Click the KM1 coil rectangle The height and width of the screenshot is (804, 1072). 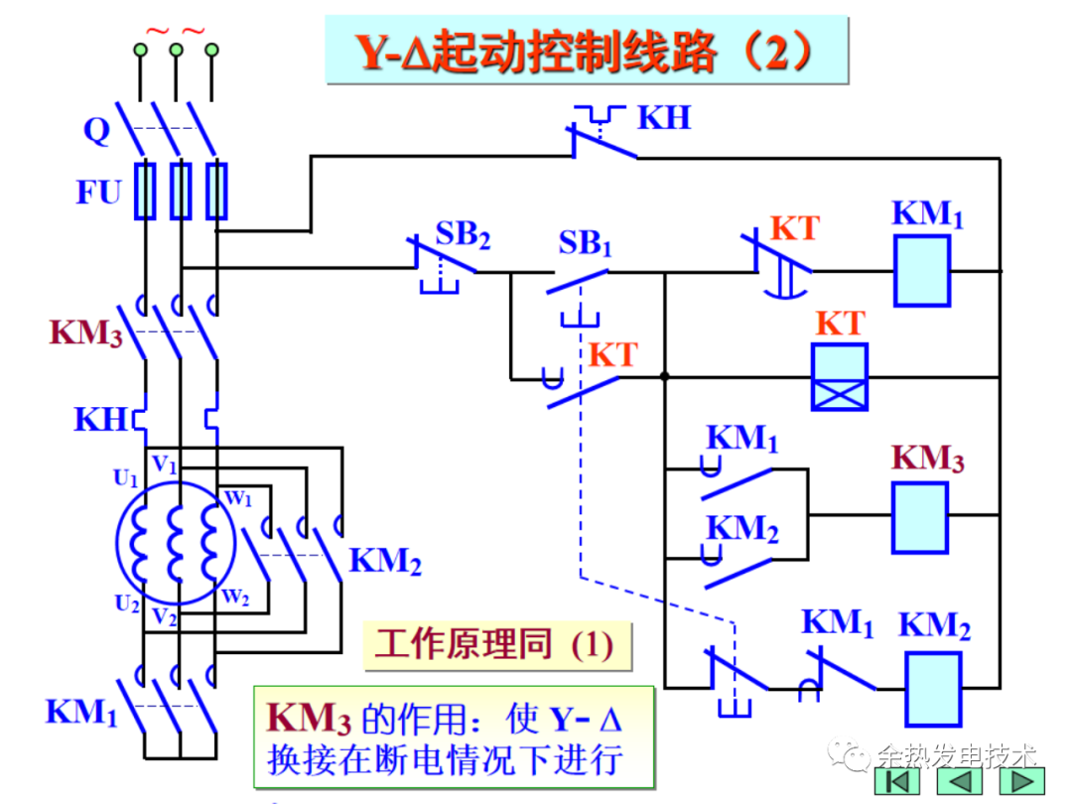click(922, 270)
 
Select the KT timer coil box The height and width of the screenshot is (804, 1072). click(839, 376)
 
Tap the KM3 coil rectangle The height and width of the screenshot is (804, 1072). click(919, 516)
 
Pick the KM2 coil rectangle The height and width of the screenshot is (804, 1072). click(932, 689)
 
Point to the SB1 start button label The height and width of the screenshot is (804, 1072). click(585, 241)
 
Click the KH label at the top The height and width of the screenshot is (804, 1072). click(663, 117)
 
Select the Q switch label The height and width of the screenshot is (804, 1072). click(96, 131)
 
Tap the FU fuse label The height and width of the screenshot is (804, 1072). click(98, 192)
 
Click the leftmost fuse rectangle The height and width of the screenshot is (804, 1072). click(145, 191)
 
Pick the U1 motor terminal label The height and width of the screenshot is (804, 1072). click(125, 478)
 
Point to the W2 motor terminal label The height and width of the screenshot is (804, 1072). click(235, 596)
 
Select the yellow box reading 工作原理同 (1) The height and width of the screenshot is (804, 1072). click(493, 646)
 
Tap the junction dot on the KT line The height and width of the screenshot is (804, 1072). click(664, 376)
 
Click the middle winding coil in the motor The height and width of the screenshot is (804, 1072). click(178, 544)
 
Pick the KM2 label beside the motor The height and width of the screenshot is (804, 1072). click(385, 562)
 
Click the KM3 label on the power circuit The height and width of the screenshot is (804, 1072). click(86, 333)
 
